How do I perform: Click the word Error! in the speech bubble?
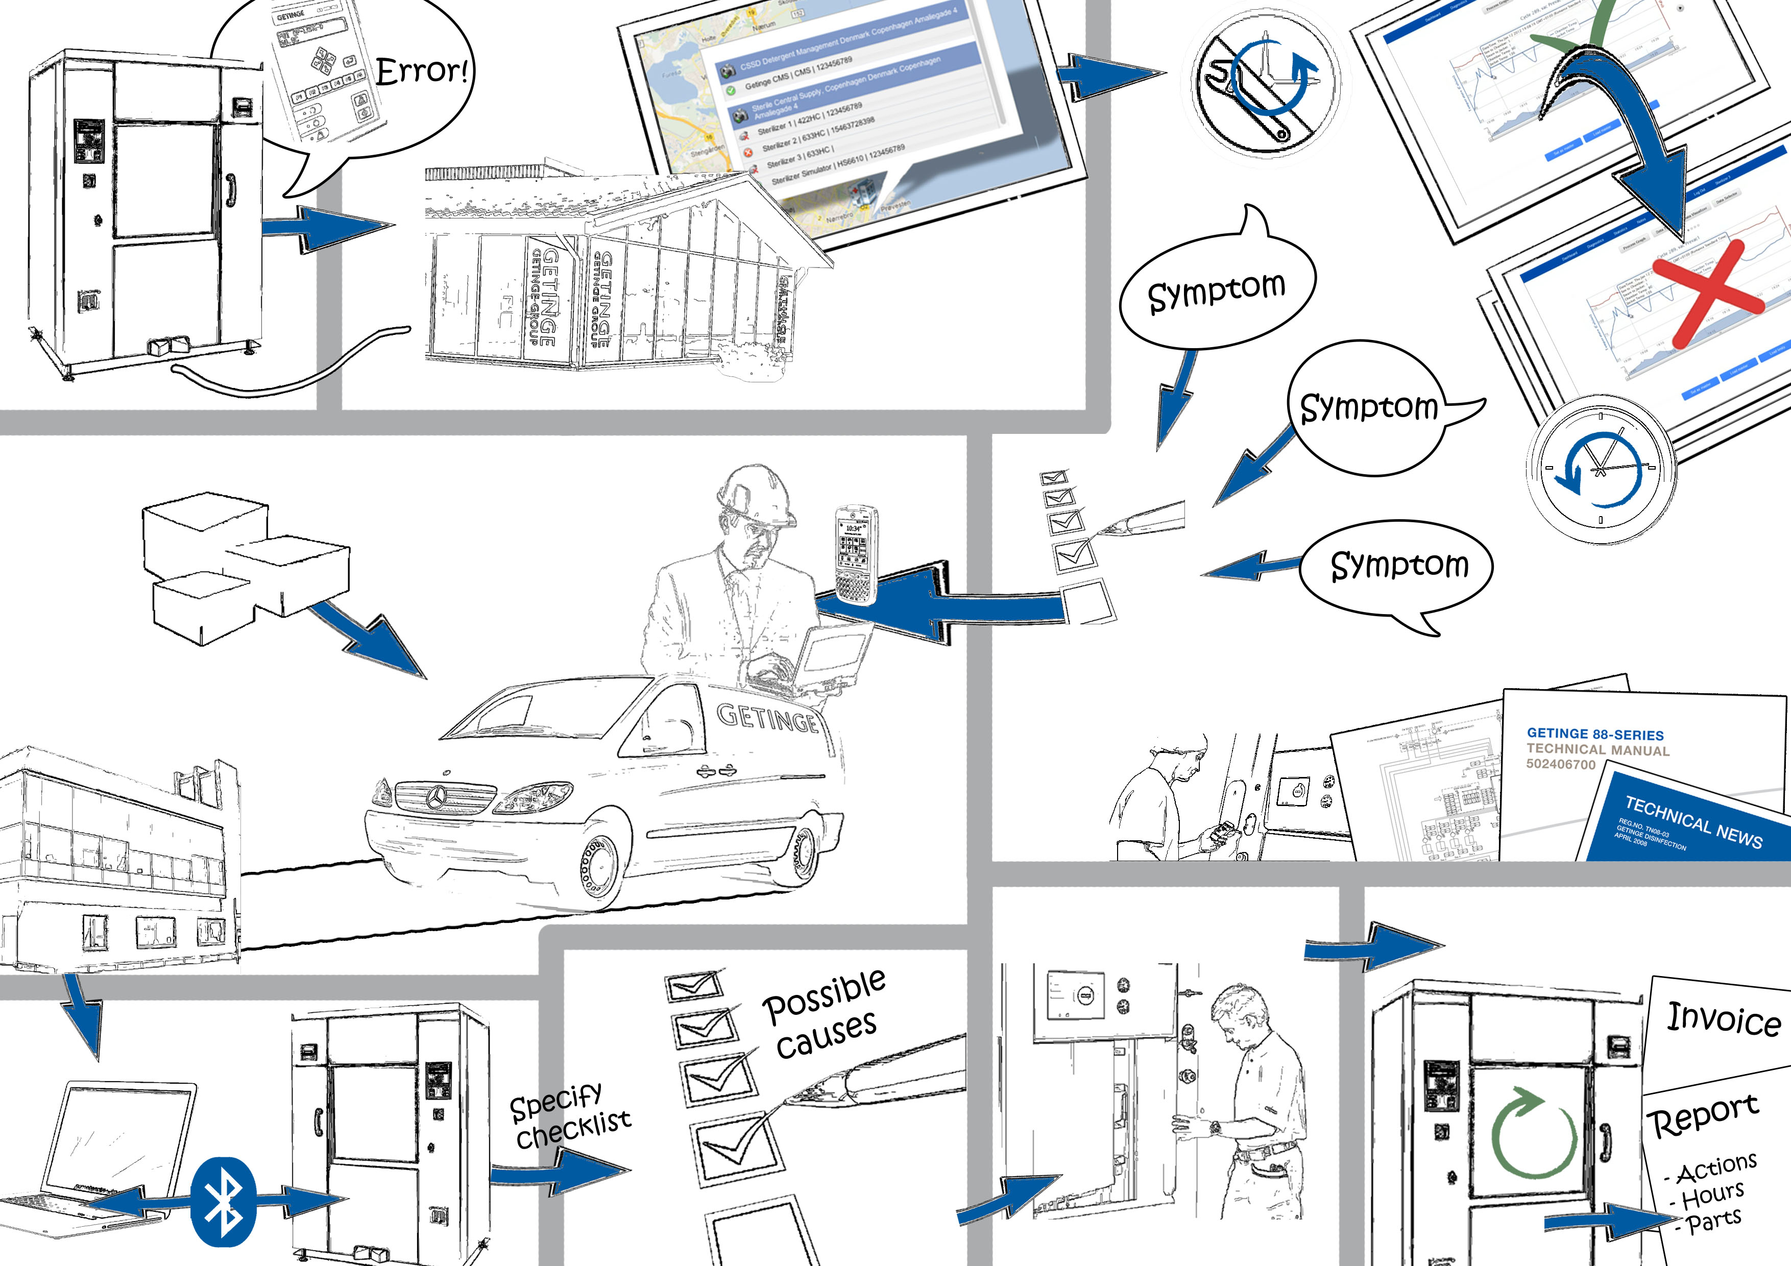click(x=422, y=71)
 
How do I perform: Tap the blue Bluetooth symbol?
click(x=223, y=1201)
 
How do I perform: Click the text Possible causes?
click(x=825, y=1014)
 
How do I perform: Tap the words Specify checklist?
click(x=569, y=1117)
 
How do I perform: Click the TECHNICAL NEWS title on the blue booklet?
click(x=1692, y=820)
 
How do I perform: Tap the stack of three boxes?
click(x=242, y=566)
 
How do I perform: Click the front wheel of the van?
click(x=599, y=867)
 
